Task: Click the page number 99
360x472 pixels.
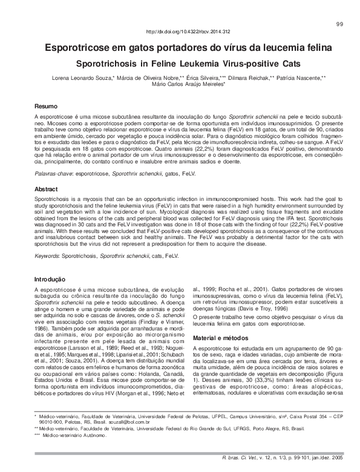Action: click(x=339, y=23)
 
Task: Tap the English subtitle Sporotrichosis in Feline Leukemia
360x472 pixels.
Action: click(x=180, y=63)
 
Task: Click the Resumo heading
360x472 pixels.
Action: click(x=46, y=105)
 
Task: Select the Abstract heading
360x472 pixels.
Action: click(x=47, y=189)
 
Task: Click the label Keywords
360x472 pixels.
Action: click(x=49, y=256)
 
